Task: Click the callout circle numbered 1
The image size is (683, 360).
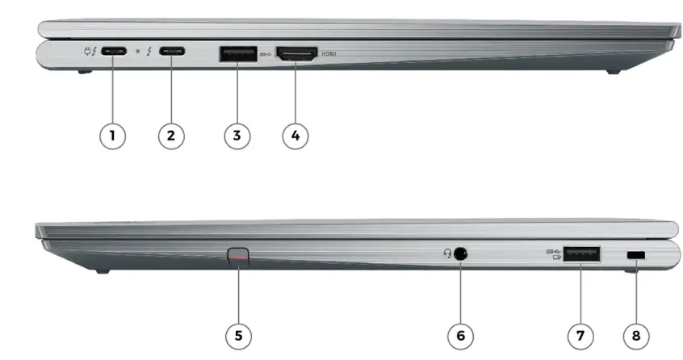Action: pyautogui.click(x=112, y=135)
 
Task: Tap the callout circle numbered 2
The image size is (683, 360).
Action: pyautogui.click(x=170, y=135)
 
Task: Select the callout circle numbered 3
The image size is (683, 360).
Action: pyautogui.click(x=237, y=135)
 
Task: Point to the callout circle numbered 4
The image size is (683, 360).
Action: pyautogui.click(x=295, y=135)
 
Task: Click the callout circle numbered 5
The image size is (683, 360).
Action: pyautogui.click(x=239, y=333)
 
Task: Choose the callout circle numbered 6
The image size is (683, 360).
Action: pyautogui.click(x=460, y=333)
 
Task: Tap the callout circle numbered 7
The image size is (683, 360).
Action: pyautogui.click(x=580, y=333)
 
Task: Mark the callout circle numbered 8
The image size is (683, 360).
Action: pyautogui.click(x=636, y=333)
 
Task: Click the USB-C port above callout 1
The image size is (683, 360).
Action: pyautogui.click(x=114, y=53)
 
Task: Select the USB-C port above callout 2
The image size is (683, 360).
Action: pyautogui.click(x=171, y=53)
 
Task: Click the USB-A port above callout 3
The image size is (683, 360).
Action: pyautogui.click(x=237, y=54)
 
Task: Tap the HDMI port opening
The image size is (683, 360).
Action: pyautogui.click(x=296, y=54)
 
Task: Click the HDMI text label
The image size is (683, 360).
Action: pyautogui.click(x=329, y=54)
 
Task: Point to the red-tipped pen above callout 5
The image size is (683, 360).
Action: pyautogui.click(x=239, y=256)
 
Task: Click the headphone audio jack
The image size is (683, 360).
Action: pyautogui.click(x=461, y=253)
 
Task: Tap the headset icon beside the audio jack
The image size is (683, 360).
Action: pyautogui.click(x=446, y=253)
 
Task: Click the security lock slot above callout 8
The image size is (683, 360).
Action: pyautogui.click(x=636, y=256)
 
